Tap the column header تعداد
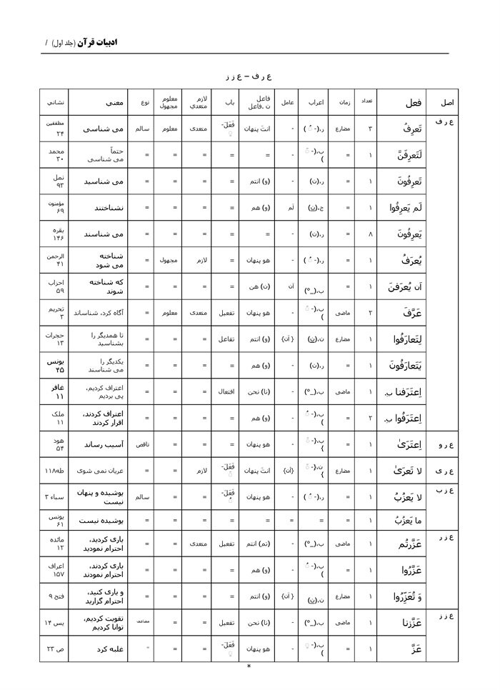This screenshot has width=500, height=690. pyautogui.click(x=366, y=101)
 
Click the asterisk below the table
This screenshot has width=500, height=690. pyautogui.click(x=249, y=666)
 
